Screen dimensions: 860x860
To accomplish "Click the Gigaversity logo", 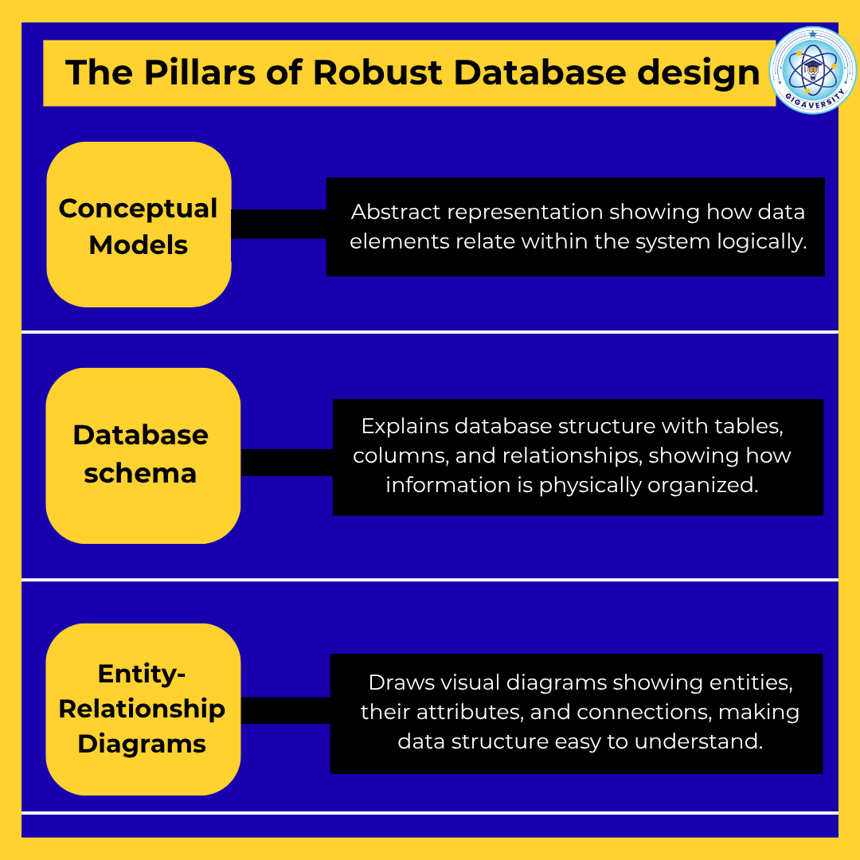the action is pyautogui.click(x=812, y=70).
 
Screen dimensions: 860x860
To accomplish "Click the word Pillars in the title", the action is pyautogui.click(x=199, y=72).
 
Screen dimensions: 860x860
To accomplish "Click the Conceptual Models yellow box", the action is pyautogui.click(x=139, y=225).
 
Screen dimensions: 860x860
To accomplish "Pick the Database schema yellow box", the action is pyautogui.click(x=143, y=455).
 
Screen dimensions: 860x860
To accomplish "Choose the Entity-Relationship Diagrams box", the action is pyautogui.click(x=143, y=709).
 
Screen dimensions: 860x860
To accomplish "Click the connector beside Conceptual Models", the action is pyautogui.click(x=279, y=224).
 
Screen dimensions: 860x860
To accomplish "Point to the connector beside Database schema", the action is pyautogui.click(x=287, y=463).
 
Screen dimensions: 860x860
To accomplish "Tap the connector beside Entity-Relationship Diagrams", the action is pyautogui.click(x=285, y=710).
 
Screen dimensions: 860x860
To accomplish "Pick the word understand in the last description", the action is pyautogui.click(x=699, y=741).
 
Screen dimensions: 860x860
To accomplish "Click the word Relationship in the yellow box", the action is pyautogui.click(x=142, y=709).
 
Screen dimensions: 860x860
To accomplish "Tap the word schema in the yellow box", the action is pyautogui.click(x=140, y=473).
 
